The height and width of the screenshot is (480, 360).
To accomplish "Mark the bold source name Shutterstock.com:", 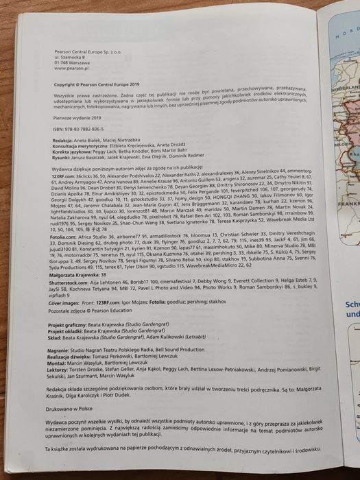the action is [x=77, y=321].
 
